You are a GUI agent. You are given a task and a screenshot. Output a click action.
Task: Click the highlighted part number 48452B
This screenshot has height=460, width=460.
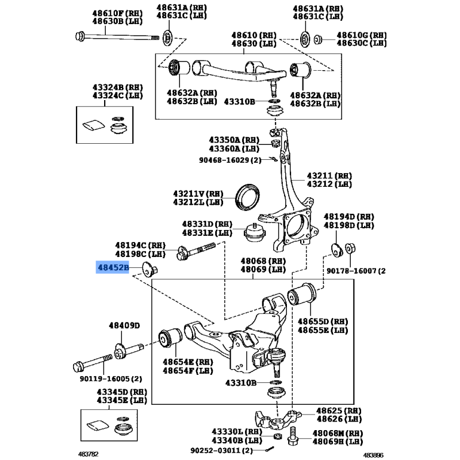(x=113, y=267)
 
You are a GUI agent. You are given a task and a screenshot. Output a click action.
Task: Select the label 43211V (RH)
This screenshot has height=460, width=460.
(x=198, y=194)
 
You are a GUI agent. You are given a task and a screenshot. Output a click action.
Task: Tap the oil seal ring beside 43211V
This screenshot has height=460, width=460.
(x=248, y=197)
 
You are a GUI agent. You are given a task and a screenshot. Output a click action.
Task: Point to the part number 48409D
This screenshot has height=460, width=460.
(x=124, y=325)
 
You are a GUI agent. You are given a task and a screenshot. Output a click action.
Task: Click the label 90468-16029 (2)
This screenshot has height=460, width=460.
(x=230, y=160)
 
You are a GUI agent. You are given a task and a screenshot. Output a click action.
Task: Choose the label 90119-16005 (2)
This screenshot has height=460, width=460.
(x=111, y=379)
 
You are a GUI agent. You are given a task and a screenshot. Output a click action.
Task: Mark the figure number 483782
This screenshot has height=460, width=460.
(x=89, y=454)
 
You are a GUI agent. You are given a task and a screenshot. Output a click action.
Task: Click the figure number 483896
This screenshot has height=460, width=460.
(x=373, y=455)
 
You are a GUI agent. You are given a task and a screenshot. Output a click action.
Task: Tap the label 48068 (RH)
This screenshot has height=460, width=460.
(x=263, y=261)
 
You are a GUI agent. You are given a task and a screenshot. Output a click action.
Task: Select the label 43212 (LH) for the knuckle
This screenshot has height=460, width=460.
(x=329, y=184)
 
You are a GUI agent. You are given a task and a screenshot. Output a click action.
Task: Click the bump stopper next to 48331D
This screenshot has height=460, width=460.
(x=255, y=233)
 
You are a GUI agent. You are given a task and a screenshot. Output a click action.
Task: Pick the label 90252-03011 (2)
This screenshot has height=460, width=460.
(x=221, y=450)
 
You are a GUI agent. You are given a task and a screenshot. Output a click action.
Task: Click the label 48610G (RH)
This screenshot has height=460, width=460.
(x=362, y=35)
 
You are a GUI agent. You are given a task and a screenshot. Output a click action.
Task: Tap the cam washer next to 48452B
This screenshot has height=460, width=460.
(x=149, y=269)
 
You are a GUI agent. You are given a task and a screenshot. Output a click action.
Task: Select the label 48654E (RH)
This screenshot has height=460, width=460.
(x=188, y=362)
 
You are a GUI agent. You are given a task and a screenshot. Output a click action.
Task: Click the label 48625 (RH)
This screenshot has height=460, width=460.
(x=339, y=411)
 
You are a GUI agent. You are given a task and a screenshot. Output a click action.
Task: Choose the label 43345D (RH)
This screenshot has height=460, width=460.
(x=122, y=392)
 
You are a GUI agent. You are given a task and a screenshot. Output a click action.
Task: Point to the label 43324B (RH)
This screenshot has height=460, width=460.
(x=118, y=87)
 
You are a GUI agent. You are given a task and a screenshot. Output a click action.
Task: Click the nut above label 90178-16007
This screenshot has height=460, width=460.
(x=350, y=248)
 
